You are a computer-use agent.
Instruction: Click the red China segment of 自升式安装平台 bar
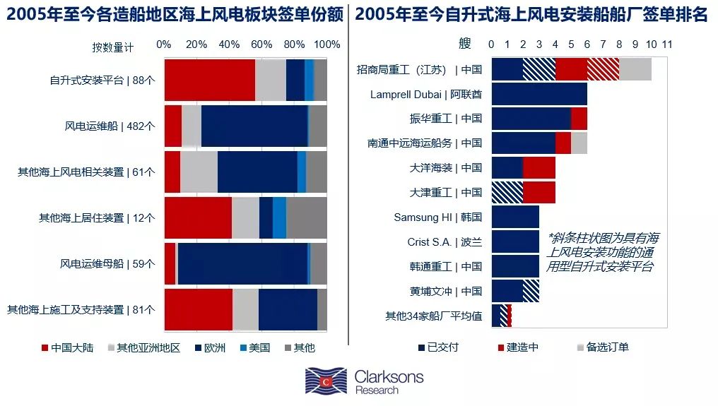(209, 80)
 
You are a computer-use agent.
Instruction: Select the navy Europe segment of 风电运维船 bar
(254, 126)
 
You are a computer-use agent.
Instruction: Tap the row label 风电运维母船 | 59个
(107, 264)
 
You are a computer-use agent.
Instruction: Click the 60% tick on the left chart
(261, 44)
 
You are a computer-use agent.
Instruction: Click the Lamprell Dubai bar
(539, 94)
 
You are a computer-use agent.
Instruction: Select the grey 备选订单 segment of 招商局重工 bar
(635, 69)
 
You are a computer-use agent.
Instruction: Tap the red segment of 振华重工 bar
(579, 118)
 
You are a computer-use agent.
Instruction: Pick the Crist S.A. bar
(515, 241)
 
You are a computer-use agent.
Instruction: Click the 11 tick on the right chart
(666, 44)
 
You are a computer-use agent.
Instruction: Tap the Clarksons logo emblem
(326, 381)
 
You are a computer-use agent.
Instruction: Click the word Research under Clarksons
(377, 390)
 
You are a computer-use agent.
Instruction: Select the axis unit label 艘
(464, 44)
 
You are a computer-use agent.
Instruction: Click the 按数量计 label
(112, 47)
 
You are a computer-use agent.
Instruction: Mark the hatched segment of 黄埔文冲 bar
(531, 291)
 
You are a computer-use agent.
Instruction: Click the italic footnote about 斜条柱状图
(603, 253)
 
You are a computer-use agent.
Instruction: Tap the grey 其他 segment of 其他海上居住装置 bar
(306, 217)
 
